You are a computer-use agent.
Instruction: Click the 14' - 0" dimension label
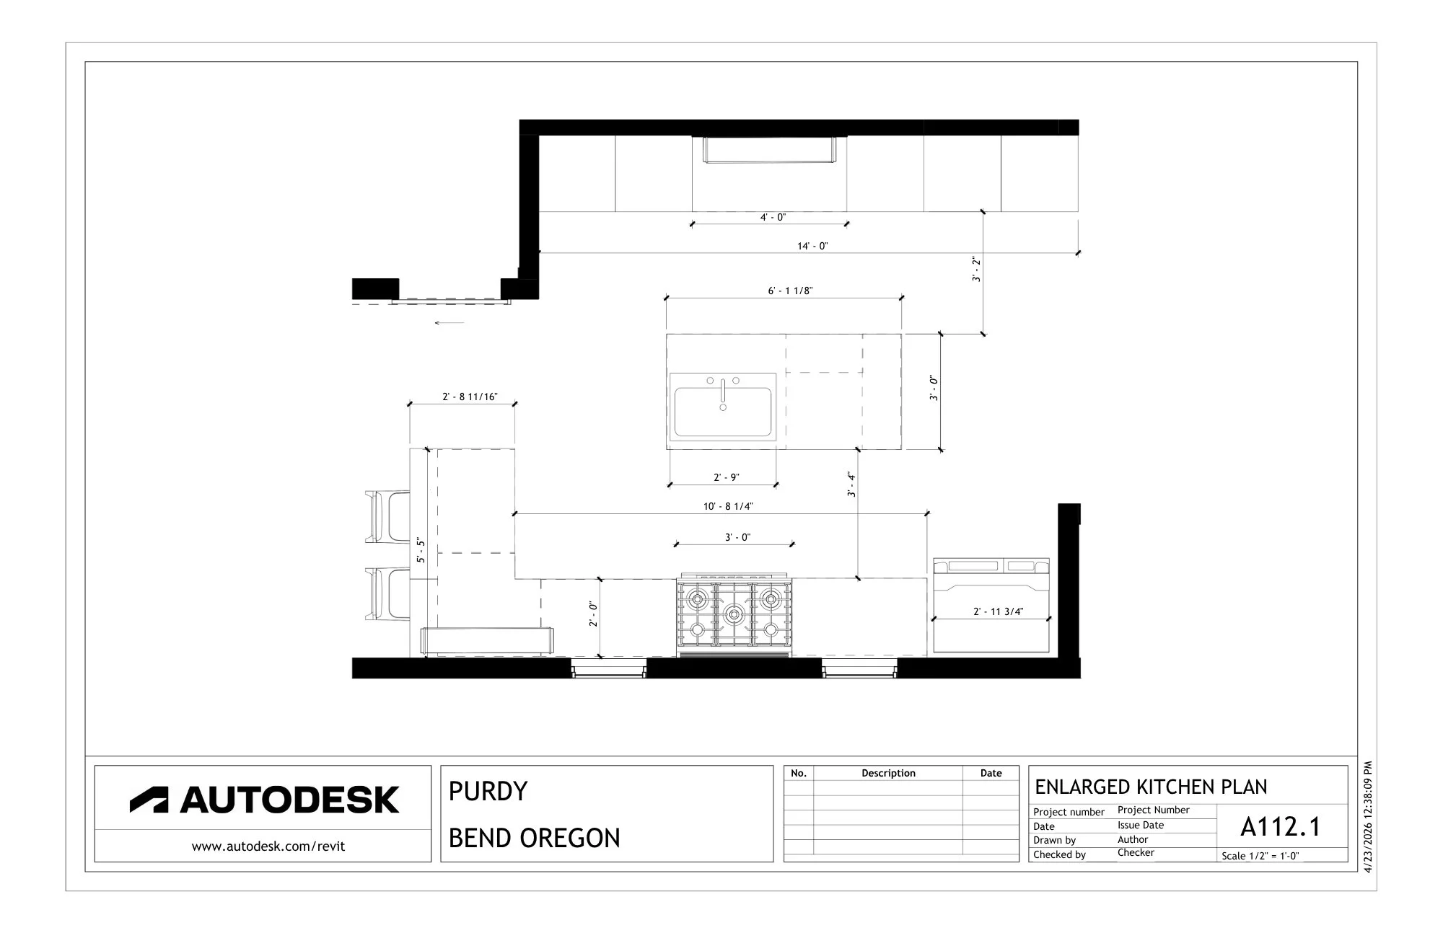tap(812, 246)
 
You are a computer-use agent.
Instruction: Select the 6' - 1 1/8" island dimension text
tap(790, 291)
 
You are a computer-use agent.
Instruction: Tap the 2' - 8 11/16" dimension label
tap(470, 397)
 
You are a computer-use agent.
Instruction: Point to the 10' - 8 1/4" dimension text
tap(728, 506)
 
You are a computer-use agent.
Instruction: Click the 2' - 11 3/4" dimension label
tap(998, 611)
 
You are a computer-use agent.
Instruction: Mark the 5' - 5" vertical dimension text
tap(421, 550)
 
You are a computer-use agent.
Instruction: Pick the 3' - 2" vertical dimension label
tap(976, 269)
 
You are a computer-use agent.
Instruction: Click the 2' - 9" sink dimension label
tap(727, 477)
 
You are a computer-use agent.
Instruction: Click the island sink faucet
tap(723, 394)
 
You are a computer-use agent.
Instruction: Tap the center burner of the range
tap(734, 614)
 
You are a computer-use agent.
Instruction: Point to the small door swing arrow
tap(449, 323)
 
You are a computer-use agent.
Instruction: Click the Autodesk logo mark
tap(149, 800)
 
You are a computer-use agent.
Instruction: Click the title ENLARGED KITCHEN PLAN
tap(1151, 787)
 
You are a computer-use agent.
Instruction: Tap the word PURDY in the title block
tap(488, 791)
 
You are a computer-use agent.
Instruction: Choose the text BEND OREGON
tap(534, 838)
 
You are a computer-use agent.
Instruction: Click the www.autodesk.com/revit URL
tap(268, 846)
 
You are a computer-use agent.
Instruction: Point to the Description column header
tap(888, 773)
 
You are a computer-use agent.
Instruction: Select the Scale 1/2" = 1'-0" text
tap(1260, 856)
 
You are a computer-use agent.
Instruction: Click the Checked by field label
tap(1059, 854)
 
